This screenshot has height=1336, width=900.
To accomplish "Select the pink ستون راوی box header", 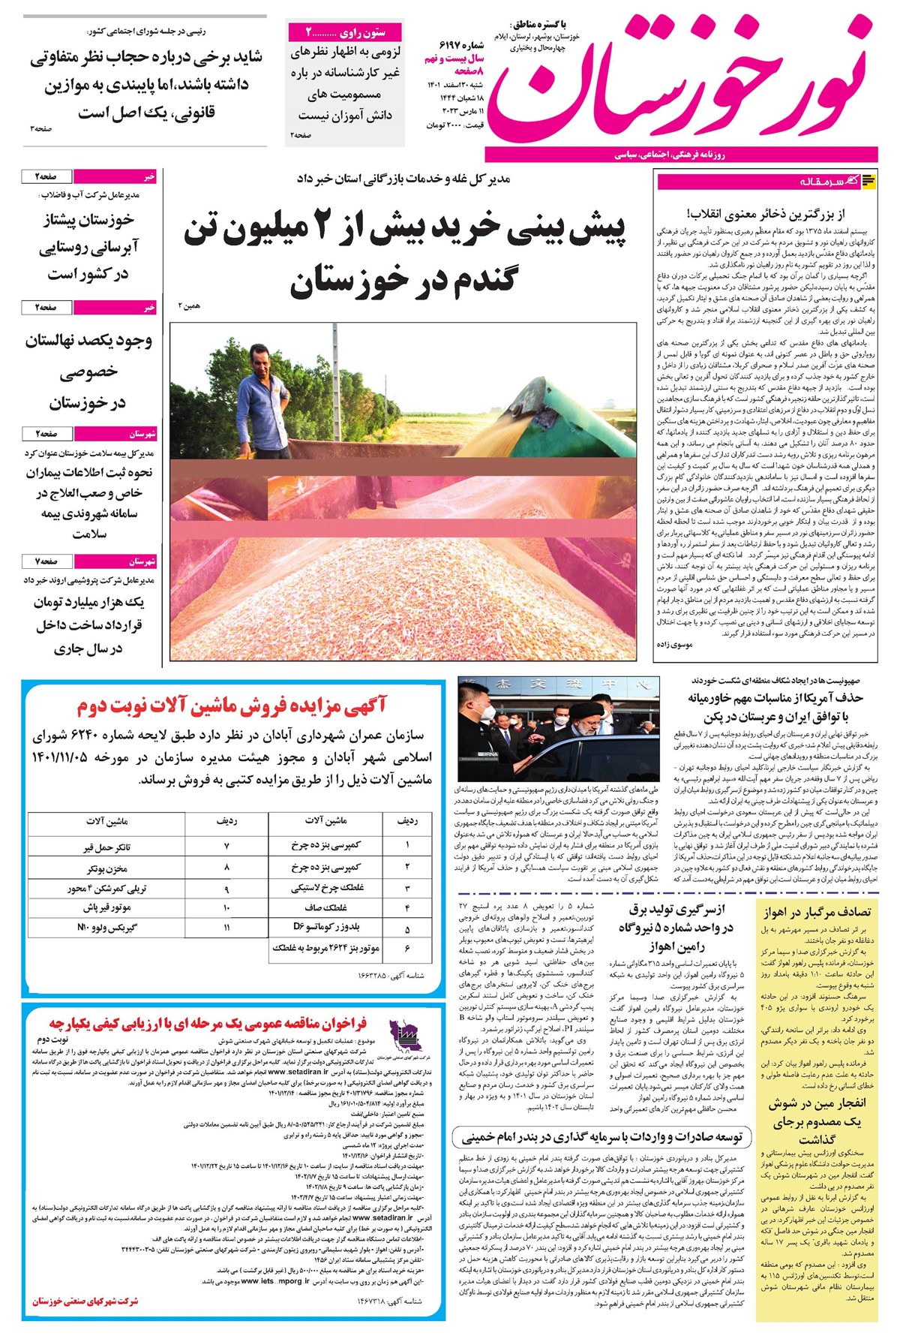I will click(346, 33).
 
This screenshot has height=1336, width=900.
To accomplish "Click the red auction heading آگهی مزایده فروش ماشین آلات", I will click(231, 705).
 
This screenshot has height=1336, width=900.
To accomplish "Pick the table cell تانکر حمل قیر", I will click(106, 847).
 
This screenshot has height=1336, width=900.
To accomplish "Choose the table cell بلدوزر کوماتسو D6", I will click(325, 928).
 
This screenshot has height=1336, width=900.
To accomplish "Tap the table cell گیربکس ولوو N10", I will click(106, 928).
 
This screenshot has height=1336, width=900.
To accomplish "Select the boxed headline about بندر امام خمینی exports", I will click(601, 1137).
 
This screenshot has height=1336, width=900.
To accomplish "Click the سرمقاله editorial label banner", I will click(767, 181).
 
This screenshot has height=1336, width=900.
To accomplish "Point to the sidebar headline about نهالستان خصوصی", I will click(88, 372).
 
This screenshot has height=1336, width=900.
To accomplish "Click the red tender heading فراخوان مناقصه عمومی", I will click(208, 1023).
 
